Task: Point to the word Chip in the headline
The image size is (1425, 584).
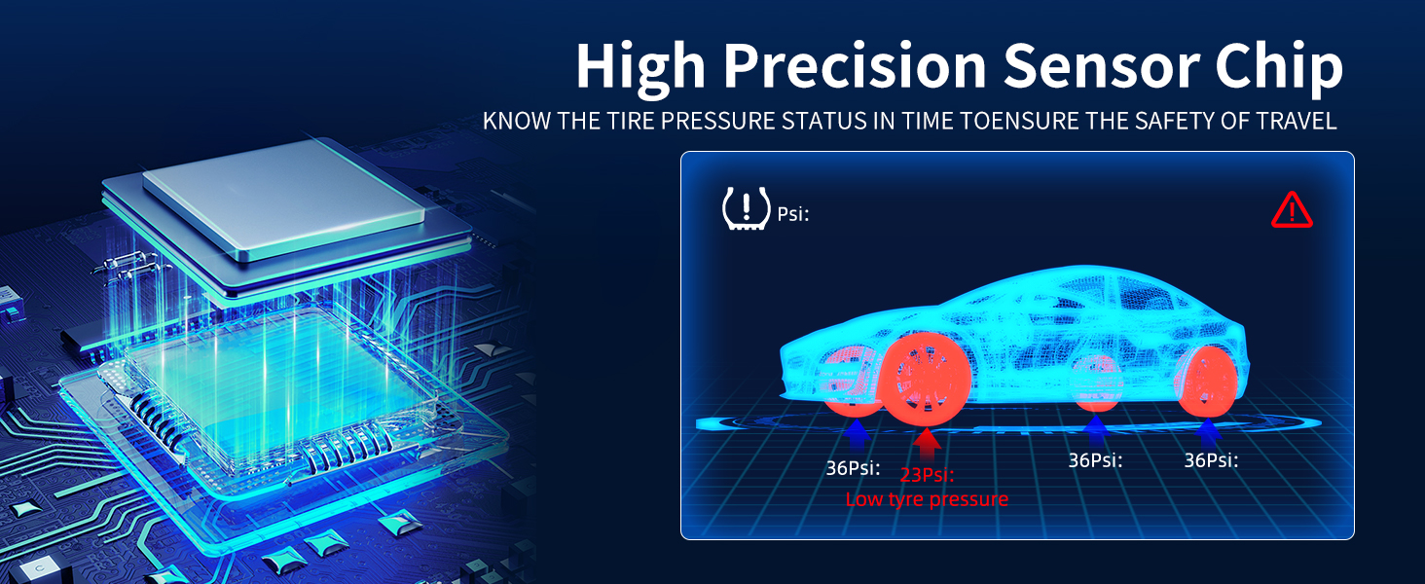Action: coord(1283,67)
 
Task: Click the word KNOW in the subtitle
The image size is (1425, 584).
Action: coord(513,122)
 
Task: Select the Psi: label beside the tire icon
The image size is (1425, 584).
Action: coord(793,214)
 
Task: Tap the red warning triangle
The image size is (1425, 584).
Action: coord(1292,210)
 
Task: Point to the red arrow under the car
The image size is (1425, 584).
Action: coord(929,442)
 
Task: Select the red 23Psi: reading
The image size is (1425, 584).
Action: coord(927,475)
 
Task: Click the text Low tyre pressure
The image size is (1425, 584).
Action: coord(927,500)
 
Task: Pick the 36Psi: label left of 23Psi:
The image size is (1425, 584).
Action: coord(853,468)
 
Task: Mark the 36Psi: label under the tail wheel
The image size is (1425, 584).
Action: coord(1211,460)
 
